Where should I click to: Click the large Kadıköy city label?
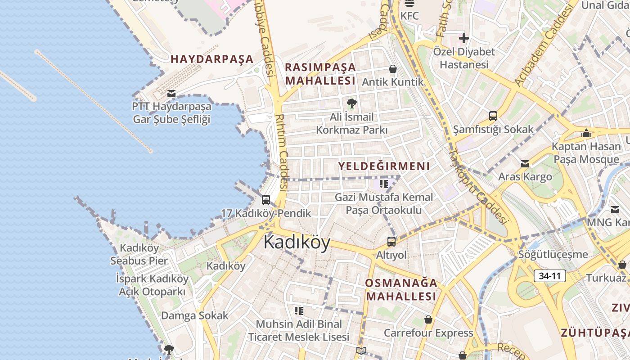coord(297,242)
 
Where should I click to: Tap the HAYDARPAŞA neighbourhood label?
coord(212,59)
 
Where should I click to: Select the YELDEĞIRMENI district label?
coord(384,166)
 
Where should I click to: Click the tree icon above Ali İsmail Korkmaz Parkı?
coord(351,104)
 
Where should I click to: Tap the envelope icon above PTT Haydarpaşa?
coord(171,94)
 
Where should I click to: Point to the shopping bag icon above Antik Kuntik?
coord(393,69)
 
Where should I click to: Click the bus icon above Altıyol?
coord(391,242)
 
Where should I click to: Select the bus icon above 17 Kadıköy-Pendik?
coord(266,200)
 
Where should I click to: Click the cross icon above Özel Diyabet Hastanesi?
coord(463,38)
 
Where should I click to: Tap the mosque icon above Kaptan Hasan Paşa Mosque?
coord(586,133)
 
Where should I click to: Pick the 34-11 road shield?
coord(549,276)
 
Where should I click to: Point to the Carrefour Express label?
coord(428,333)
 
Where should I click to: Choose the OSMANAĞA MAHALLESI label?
coord(401,289)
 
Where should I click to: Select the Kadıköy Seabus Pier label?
coord(139,254)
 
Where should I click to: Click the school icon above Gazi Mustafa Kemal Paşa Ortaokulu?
coord(384,184)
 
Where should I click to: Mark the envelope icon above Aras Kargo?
coord(525,164)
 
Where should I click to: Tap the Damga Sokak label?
coord(195,315)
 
